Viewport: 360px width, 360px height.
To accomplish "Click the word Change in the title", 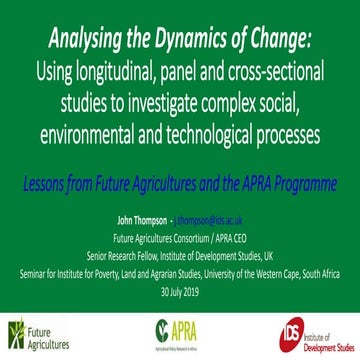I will [278, 39].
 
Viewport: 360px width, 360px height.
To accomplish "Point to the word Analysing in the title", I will [83, 39].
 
